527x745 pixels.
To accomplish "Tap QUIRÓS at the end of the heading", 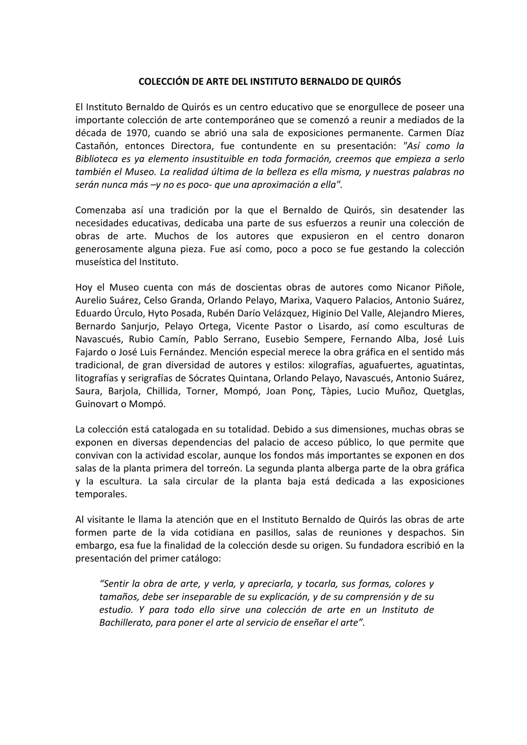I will [384, 82].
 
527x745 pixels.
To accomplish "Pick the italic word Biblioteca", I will [96, 158].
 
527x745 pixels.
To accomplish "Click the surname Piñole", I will [449, 287].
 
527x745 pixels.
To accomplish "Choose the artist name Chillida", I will [163, 391].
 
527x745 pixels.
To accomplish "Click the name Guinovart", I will [98, 404].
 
